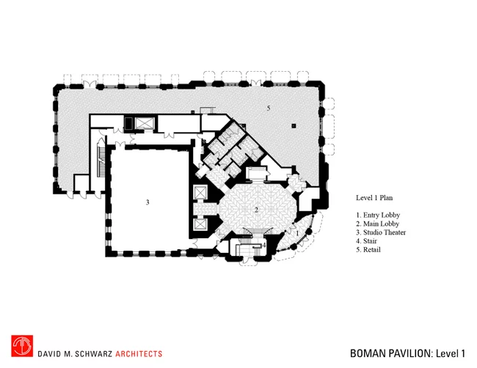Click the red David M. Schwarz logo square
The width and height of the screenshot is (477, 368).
22,346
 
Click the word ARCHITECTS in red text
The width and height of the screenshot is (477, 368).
139,354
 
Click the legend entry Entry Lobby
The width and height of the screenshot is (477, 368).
378,215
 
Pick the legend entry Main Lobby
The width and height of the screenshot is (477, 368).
377,224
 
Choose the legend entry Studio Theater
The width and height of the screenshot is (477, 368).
381,232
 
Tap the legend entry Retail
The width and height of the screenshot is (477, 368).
368,250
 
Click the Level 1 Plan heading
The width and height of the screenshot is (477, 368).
374,198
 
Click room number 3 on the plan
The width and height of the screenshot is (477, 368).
148,202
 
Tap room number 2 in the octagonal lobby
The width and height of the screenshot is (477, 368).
256,210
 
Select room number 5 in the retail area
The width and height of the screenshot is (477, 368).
269,108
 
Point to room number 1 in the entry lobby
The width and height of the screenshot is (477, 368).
297,233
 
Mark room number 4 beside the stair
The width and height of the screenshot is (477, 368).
264,245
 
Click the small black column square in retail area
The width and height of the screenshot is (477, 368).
294,125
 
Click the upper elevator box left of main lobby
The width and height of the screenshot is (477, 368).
200,192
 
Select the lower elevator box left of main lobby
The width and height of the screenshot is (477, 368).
200,224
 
